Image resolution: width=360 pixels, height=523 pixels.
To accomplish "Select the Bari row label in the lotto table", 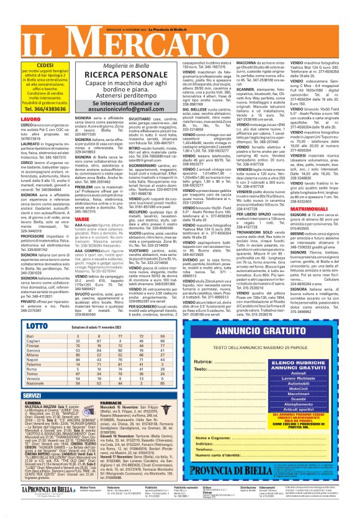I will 14,335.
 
